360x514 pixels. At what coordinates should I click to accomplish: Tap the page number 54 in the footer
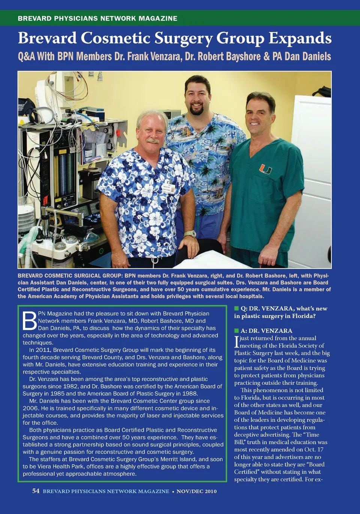tap(36, 491)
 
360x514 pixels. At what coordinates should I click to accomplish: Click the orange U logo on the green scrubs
tap(265, 169)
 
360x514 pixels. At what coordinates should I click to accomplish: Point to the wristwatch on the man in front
tap(190, 234)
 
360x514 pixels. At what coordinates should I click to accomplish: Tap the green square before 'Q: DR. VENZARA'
tap(236, 308)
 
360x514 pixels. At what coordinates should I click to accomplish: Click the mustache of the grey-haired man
tap(153, 141)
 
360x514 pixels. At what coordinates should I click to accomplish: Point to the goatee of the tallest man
tap(196, 110)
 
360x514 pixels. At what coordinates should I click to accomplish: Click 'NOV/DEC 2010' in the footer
tap(196, 491)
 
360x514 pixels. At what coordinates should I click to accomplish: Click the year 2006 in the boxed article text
tap(31, 408)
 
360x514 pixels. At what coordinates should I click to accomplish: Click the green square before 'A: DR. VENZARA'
tap(236, 331)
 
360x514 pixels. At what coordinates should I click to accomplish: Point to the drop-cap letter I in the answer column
tap(237, 342)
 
